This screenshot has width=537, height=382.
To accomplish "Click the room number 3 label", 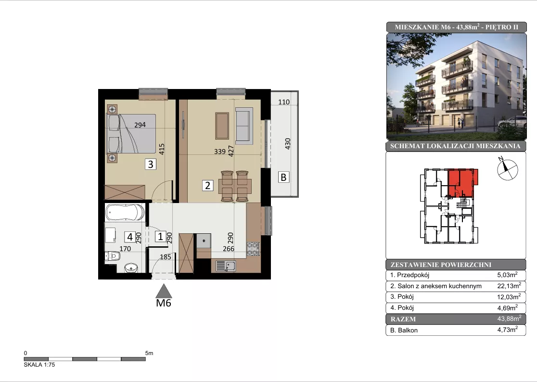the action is tap(150, 165).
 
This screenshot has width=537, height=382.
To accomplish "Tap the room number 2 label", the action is tap(207, 186).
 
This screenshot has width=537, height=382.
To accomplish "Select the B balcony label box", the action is tap(283, 178).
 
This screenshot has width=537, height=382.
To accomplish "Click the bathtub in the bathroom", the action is tap(125, 212).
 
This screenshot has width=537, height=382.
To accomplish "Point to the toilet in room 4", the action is tap(113, 255).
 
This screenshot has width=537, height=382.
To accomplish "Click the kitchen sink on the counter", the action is tap(226, 266).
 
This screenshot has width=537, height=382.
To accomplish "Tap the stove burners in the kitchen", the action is tap(253, 249).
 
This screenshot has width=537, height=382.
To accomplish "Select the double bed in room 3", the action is tap(132, 133).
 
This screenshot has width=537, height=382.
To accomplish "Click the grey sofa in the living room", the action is tap(244, 125).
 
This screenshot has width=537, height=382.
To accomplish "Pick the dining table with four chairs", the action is tap(235, 186).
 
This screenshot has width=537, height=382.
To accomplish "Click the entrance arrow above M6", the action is tap(164, 291).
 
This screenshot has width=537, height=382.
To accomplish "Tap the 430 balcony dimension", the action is tap(288, 143).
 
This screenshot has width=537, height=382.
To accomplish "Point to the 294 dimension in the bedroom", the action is tap(140, 125).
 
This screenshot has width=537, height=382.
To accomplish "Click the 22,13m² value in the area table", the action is tap(509, 286).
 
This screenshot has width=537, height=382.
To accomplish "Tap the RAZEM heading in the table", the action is tap(403, 319).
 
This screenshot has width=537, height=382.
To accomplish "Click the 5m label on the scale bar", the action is tap(149, 353).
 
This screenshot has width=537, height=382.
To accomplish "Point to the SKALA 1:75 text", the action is tap(39, 365).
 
